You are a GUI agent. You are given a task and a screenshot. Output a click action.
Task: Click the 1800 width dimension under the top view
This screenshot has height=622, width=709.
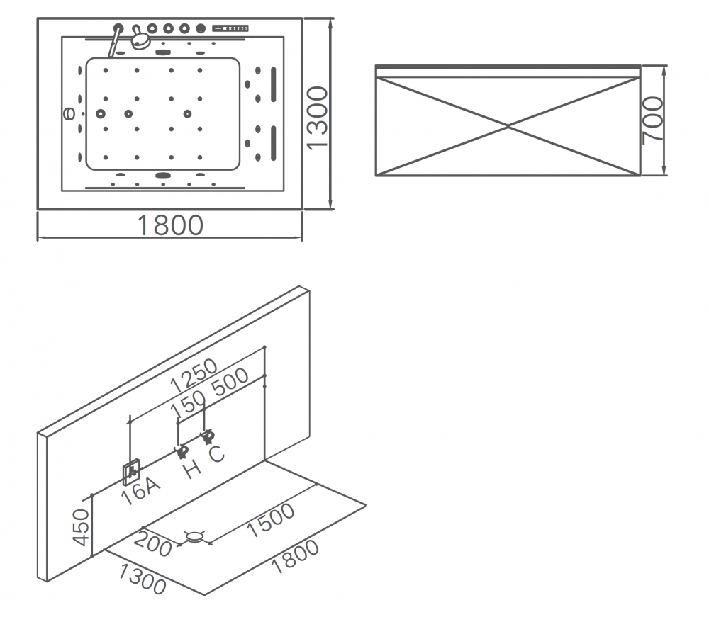coord(170,225)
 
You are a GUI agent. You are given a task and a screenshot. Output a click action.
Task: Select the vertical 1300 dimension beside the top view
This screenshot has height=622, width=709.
coord(318,117)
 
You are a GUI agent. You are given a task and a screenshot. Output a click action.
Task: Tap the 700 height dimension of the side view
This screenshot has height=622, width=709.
coord(652,120)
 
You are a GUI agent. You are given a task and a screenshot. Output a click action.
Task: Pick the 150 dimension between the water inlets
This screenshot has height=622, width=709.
coord(189,406)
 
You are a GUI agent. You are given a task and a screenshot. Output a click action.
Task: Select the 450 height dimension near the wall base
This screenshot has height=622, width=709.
coord(84,527)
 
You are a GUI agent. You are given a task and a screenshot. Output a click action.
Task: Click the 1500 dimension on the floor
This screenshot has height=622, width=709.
coord(271,523)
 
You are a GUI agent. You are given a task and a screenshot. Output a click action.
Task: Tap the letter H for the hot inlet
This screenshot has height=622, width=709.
coord(192,467)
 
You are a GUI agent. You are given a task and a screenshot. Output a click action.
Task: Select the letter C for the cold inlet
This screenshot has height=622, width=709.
coord(216,453)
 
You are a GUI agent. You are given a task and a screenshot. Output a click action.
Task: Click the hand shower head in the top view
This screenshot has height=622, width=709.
coord(141,40)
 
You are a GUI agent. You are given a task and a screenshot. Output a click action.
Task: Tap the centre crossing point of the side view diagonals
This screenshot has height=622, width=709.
coord(508,127)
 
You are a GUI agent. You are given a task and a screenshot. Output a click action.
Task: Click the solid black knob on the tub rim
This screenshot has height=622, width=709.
coord(201,29)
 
